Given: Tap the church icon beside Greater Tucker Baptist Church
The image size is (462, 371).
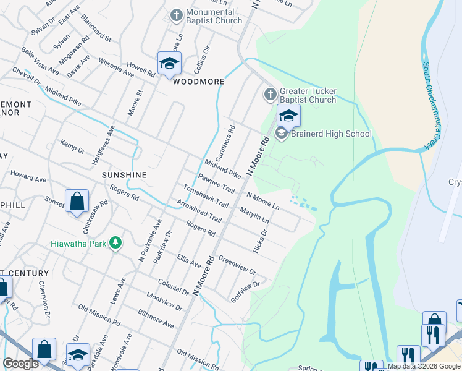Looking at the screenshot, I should (x=270, y=95).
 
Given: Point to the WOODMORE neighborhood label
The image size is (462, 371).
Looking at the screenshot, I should (x=198, y=82).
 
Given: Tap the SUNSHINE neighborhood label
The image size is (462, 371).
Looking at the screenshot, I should (x=124, y=175).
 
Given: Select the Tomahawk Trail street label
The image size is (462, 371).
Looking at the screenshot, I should (x=206, y=196).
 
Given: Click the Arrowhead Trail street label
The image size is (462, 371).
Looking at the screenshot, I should (x=198, y=210).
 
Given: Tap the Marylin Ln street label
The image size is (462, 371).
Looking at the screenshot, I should (x=254, y=214).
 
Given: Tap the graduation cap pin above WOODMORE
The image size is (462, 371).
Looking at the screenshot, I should (x=169, y=63).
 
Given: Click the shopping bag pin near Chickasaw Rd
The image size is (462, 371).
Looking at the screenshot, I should (x=77, y=202).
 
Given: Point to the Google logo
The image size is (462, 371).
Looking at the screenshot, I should (x=20, y=364).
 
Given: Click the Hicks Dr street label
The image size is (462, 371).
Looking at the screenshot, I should (x=259, y=241).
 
